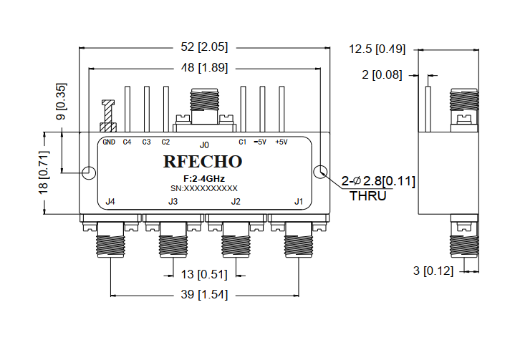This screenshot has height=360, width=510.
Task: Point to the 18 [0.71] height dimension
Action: click(44, 172)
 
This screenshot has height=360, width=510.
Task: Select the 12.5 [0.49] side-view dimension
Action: click(377, 49)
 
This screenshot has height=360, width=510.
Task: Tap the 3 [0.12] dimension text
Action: click(432, 271)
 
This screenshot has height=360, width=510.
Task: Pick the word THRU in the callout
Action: click(367, 195)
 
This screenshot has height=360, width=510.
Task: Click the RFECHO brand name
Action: click(203, 162)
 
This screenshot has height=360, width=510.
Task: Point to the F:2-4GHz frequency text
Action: click(203, 177)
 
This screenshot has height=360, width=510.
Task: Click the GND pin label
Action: click(109, 142)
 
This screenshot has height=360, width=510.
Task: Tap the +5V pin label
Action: click(282, 142)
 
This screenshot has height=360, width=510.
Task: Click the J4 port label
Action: click(110, 202)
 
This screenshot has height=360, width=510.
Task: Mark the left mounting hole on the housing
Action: click(89, 172)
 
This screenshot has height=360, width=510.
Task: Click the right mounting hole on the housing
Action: click(320, 172)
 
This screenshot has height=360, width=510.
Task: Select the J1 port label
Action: click(299, 202)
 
